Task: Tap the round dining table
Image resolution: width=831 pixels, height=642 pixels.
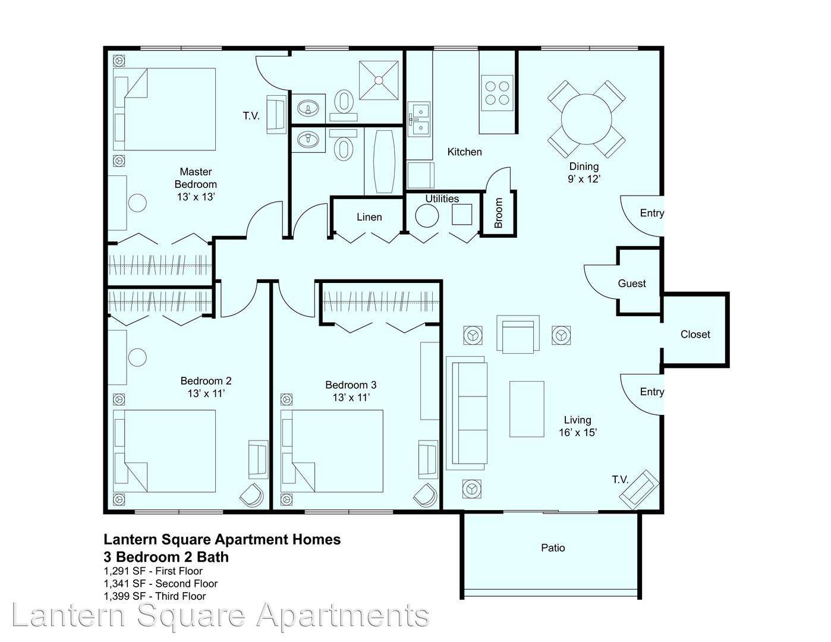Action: click(586, 119)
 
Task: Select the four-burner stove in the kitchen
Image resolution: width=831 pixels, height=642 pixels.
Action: click(497, 93)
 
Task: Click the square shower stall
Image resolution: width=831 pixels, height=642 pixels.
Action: click(378, 80)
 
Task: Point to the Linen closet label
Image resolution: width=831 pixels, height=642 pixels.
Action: click(369, 217)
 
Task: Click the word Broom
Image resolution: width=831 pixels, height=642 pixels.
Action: click(498, 213)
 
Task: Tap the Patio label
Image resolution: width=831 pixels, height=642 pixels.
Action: click(553, 548)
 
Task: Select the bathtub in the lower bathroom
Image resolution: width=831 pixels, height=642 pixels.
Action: click(383, 161)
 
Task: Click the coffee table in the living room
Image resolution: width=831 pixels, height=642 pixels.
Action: click(527, 409)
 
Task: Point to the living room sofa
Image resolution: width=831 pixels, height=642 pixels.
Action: click(467, 413)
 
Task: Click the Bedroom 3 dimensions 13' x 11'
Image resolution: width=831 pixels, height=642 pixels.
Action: click(351, 398)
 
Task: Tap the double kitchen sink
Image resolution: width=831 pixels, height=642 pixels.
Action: click(419, 119)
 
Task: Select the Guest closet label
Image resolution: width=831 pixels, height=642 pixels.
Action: click(632, 284)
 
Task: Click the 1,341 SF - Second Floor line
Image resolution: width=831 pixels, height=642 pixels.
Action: click(160, 584)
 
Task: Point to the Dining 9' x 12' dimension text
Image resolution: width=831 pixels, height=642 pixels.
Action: click(584, 178)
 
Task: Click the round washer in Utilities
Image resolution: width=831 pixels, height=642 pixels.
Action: click(427, 216)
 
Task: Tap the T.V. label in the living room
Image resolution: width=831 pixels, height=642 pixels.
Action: click(620, 480)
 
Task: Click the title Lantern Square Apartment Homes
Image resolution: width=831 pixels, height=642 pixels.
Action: click(222, 540)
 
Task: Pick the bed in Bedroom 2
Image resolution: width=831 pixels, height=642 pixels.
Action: click(165, 451)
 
